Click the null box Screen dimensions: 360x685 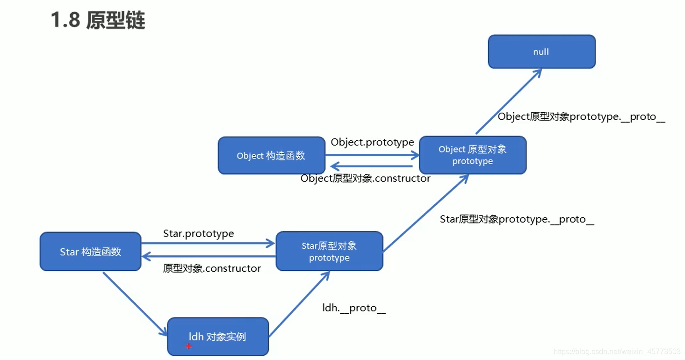click(541, 52)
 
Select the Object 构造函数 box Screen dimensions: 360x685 click(271, 156)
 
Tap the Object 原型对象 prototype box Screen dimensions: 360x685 click(472, 155)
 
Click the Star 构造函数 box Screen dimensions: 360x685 click(90, 252)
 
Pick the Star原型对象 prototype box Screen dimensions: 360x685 click(329, 252)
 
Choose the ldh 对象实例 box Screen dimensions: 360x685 click(218, 337)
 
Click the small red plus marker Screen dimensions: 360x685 click(188, 346)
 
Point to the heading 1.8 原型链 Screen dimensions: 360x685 click(98, 21)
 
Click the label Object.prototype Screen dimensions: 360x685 click(372, 142)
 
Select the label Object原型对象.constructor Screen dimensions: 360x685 click(365, 179)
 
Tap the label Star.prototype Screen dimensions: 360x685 click(198, 233)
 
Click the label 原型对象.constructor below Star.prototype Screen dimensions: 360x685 click(212, 268)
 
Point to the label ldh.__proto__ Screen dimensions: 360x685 click(354, 308)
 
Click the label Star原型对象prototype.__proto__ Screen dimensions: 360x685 click(517, 219)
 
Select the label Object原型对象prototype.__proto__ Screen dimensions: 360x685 click(581, 117)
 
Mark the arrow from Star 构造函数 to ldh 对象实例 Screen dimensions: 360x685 click(135, 303)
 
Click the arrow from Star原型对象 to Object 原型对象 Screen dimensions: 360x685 click(425, 213)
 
